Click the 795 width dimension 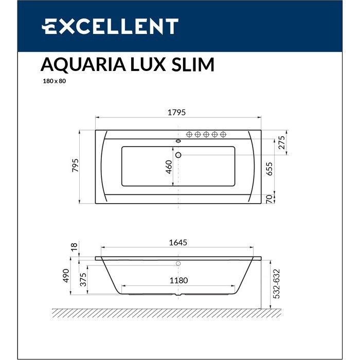tap(75, 167)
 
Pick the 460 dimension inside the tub tap(168, 167)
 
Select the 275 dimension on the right tap(281, 142)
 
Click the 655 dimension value tap(270, 168)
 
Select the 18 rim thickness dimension tap(75, 247)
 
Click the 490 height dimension tap(75, 277)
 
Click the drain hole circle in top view tap(178, 155)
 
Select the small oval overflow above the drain tap(178, 141)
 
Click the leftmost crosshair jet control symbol tap(189, 135)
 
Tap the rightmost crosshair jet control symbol tap(223, 135)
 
